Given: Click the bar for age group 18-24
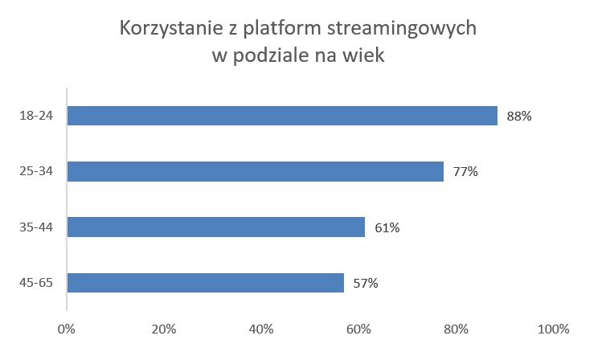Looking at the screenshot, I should tap(282, 116).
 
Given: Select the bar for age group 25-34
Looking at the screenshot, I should tap(256, 171).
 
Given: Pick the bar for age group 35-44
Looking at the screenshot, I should tap(216, 227).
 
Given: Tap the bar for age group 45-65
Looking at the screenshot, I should tap(206, 282).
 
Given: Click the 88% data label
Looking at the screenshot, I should tap(519, 117).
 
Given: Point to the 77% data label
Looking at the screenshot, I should tap(465, 172).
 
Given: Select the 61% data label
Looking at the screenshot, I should tap(387, 227).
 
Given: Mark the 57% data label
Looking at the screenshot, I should tap(366, 283).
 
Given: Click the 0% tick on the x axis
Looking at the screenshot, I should tap(67, 329).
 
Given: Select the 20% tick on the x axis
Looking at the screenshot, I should tap(164, 329).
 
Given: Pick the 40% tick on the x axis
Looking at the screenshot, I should tap(261, 329).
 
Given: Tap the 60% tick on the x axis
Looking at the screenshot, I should tap(358, 329).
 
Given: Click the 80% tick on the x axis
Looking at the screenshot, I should tap(456, 329).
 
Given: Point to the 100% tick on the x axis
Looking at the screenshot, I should tap(552, 329).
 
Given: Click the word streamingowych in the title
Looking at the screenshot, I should tap(403, 30).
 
